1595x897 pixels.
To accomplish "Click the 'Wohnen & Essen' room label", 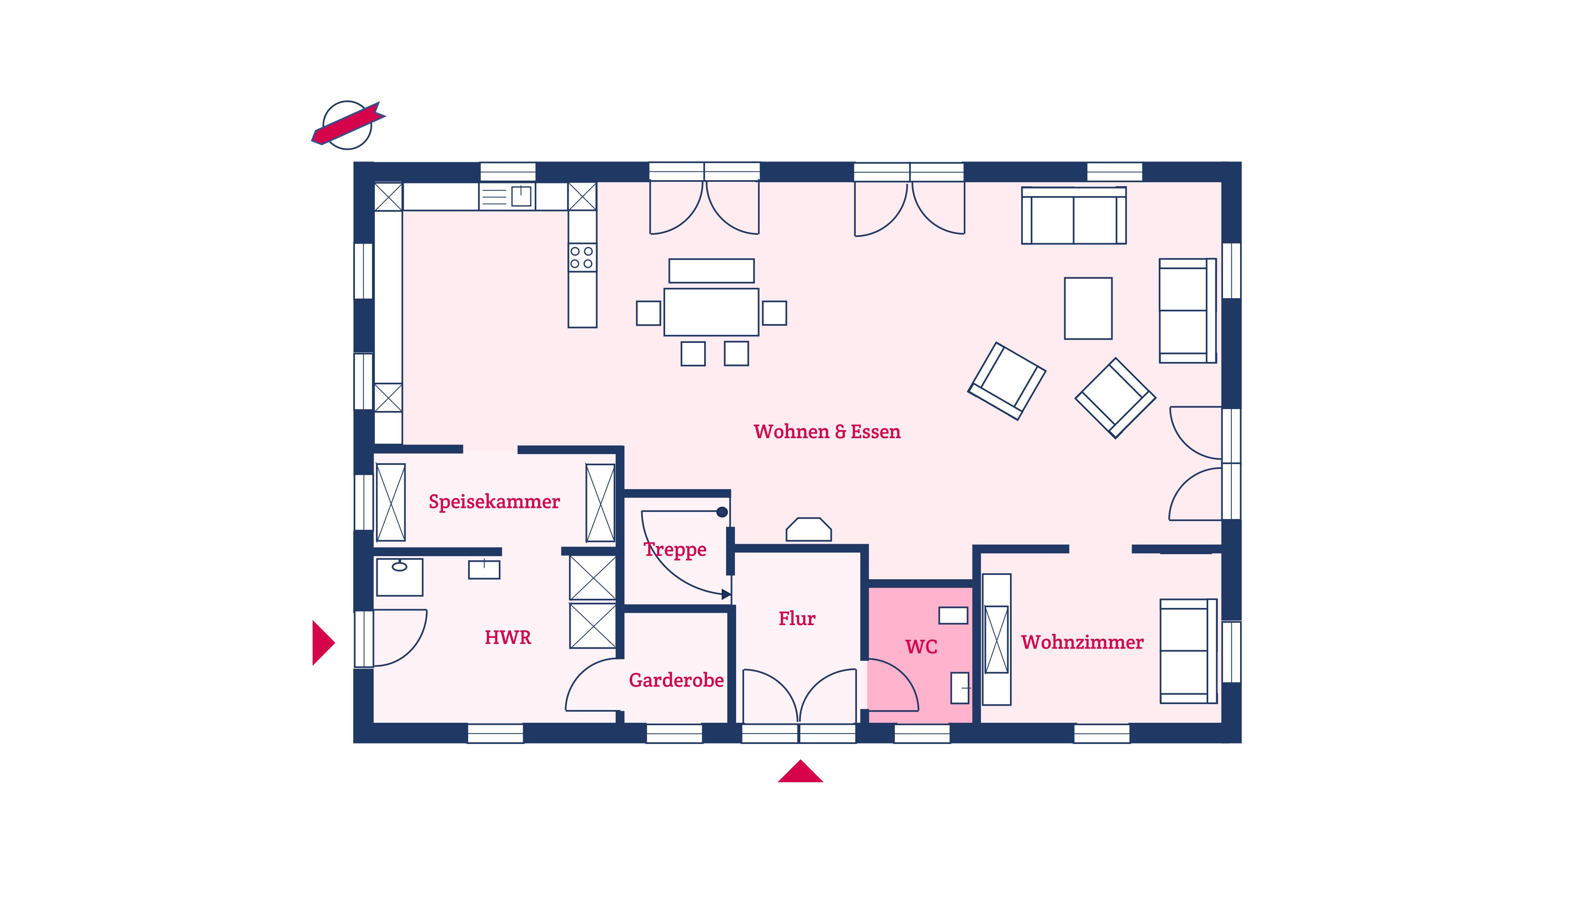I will pos(827,431).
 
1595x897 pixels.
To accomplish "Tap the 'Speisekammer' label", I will pos(494,502).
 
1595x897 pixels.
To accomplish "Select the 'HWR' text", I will pos(508,637).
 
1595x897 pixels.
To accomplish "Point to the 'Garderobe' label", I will pos(676,681).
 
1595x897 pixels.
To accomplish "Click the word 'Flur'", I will pos(797,618).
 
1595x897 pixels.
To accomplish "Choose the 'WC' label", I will pos(922,647).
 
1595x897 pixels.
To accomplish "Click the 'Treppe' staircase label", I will pos(675,550).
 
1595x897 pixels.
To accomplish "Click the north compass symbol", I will pos(347,125).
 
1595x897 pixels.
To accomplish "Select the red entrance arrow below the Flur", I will pos(800,772).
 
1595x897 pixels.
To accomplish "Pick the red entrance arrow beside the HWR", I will pos(322,643).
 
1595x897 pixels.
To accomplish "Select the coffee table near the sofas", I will pos(1088,308).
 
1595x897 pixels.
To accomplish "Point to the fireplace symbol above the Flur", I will pos(809,530).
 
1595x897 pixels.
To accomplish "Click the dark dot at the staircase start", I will pos(722,512).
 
